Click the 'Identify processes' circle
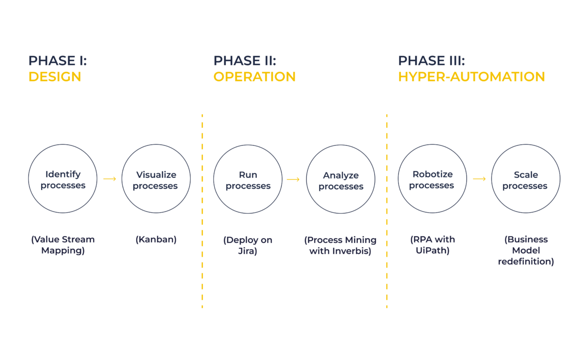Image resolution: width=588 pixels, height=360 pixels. (x=63, y=179)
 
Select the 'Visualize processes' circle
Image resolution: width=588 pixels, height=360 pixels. (x=156, y=179)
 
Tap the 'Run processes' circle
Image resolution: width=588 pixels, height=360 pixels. (x=248, y=179)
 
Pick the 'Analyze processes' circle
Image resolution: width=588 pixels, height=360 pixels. (x=341, y=180)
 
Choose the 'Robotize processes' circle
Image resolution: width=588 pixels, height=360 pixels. (x=432, y=179)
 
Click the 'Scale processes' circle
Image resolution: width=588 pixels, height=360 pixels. (x=525, y=179)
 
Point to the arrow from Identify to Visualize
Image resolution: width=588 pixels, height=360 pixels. (x=110, y=179)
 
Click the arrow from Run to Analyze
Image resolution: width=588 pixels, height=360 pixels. (x=293, y=179)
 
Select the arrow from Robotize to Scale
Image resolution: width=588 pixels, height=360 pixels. (x=479, y=179)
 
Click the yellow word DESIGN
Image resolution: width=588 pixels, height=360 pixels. (x=54, y=77)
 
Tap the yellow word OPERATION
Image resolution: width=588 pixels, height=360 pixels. (x=254, y=77)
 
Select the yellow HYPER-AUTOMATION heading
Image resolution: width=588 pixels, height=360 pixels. (x=471, y=77)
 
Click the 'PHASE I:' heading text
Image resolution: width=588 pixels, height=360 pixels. (x=57, y=61)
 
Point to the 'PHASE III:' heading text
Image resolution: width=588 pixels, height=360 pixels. (x=431, y=61)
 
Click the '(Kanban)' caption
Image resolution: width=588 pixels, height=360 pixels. (x=156, y=240)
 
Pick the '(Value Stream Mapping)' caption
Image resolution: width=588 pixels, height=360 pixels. (x=63, y=245)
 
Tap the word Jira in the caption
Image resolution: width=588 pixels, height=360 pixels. (x=248, y=251)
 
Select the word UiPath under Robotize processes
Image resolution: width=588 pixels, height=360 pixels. (x=432, y=251)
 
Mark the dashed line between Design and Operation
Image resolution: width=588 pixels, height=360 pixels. (x=202, y=211)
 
